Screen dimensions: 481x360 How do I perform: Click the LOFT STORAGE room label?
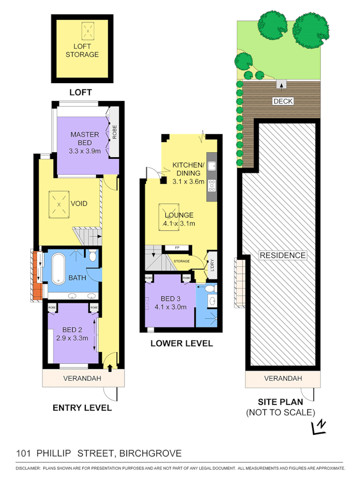[86, 51]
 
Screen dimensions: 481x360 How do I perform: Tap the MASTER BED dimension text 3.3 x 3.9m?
[85, 151]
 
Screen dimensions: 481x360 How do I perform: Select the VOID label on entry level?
[78, 203]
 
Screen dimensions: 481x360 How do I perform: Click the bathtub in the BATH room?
[58, 268]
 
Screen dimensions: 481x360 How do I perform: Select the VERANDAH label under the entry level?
[82, 379]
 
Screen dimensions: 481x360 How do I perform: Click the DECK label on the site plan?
[283, 101]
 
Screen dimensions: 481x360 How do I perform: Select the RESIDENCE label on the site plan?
[283, 255]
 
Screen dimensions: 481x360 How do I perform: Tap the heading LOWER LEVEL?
[181, 343]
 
